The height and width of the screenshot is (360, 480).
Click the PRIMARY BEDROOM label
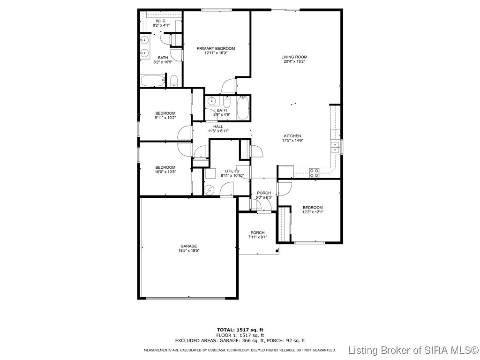point(216,49)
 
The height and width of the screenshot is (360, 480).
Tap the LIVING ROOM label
point(294,57)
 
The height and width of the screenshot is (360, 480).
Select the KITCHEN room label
point(292,136)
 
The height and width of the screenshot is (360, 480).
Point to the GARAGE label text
point(189,246)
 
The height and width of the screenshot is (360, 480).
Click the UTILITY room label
point(232,171)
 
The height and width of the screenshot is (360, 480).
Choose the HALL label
point(218,127)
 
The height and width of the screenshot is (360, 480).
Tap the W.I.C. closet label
point(161,21)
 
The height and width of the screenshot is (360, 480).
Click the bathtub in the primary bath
point(152,81)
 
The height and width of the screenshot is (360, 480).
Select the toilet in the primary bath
point(174,81)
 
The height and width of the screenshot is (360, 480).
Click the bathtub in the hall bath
point(243,108)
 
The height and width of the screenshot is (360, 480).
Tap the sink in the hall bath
point(212,100)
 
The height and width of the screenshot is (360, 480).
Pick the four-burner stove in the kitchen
point(314,172)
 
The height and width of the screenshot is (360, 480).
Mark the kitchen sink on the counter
point(335,147)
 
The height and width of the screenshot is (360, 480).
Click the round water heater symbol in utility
point(210,189)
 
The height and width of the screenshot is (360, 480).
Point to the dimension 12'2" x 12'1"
point(312,212)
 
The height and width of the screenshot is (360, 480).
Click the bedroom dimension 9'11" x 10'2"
point(165,118)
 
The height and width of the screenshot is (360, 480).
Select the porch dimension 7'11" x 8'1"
point(257,237)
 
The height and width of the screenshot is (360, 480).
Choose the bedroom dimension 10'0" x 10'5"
point(165,172)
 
